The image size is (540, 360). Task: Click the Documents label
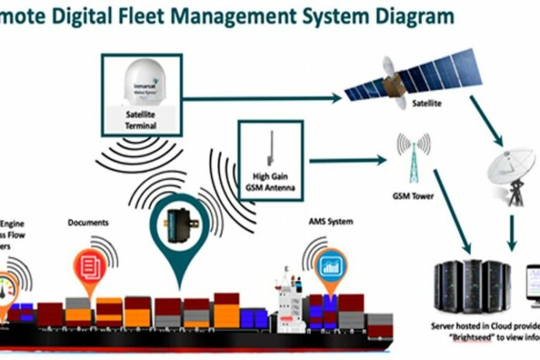click(87, 223)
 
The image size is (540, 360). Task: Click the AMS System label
click(331, 222)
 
